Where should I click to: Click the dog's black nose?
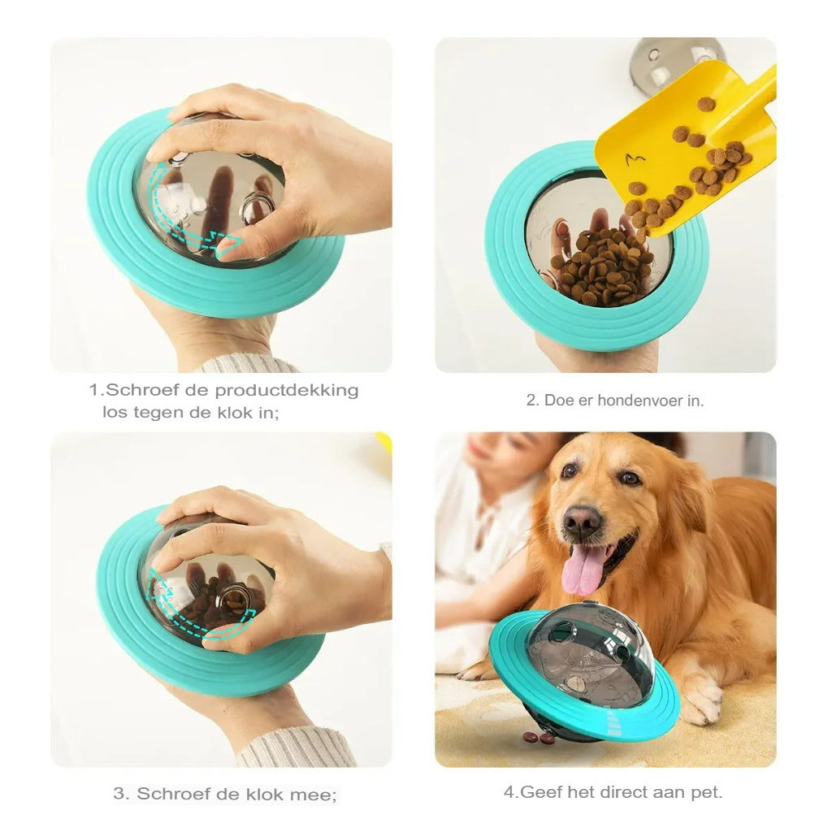(583, 521)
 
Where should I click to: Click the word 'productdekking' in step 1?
(286, 390)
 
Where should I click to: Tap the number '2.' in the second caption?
(532, 400)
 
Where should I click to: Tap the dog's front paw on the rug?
(700, 700)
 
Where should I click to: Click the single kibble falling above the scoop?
(705, 104)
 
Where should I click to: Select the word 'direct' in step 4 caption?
(620, 791)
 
